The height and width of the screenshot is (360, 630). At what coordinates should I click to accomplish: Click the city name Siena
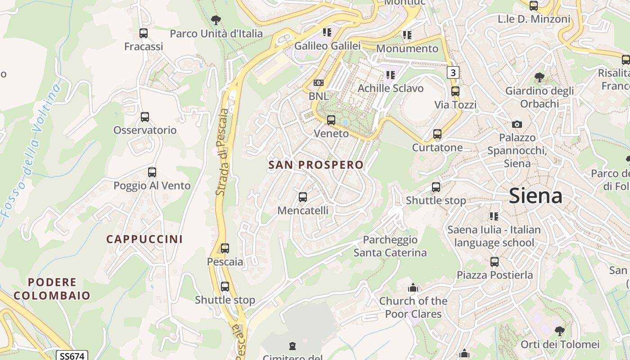(535, 196)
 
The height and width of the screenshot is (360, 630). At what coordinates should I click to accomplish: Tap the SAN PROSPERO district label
(316, 165)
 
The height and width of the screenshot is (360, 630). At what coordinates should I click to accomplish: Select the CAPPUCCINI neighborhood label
(144, 239)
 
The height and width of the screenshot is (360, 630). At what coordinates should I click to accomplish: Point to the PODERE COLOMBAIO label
(52, 289)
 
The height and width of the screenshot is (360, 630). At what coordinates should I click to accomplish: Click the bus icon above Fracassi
(144, 33)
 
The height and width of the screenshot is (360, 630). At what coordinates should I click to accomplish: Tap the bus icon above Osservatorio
(145, 117)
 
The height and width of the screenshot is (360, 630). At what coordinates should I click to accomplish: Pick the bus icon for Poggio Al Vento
(152, 172)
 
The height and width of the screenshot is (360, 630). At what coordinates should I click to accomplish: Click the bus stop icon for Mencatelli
(303, 197)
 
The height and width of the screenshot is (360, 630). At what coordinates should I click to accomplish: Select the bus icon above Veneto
(331, 120)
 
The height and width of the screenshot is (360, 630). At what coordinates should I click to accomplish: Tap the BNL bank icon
(319, 83)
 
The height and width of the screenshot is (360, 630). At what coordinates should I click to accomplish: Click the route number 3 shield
(453, 72)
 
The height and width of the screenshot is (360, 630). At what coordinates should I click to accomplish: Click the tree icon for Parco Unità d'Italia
(216, 20)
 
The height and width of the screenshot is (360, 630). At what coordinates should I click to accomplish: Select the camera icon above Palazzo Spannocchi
(517, 124)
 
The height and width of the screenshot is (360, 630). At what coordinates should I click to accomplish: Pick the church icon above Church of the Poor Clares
(413, 288)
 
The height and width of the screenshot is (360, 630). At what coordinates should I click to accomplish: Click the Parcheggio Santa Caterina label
(390, 246)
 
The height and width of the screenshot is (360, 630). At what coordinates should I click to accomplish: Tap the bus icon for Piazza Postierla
(495, 261)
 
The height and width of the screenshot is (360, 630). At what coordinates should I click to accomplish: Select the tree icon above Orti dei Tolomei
(559, 331)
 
